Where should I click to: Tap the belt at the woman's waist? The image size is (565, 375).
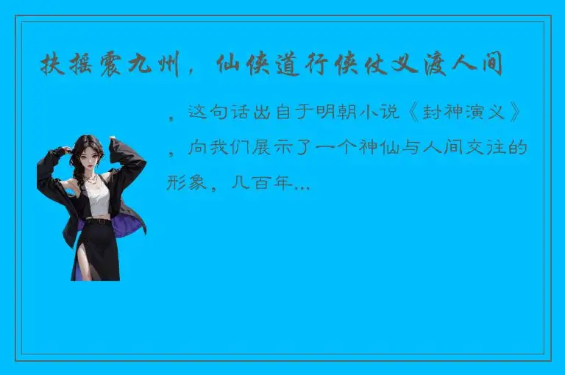pos(99,218)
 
